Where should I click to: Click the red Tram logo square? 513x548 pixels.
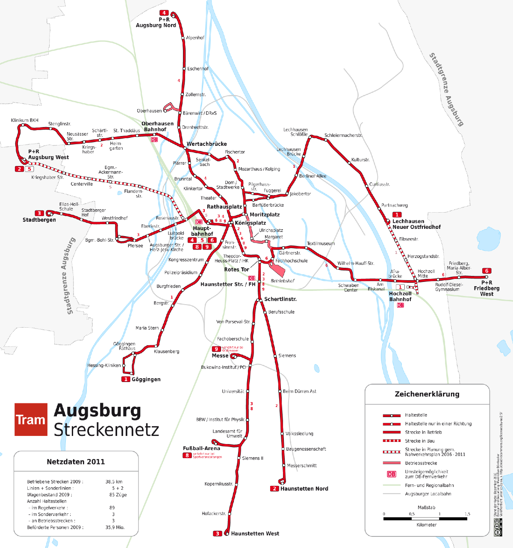[31, 419]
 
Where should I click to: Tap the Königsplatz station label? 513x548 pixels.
[250, 223]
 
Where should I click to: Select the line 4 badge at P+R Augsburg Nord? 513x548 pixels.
[164, 13]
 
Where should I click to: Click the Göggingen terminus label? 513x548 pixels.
[146, 379]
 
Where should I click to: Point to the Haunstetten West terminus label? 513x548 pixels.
[255, 533]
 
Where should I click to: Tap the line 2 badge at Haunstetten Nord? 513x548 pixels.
[275, 489]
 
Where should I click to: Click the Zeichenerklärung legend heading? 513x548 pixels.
[427, 394]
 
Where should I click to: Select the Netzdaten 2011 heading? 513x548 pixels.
[76, 462]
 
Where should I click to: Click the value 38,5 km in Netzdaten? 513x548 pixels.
[114, 482]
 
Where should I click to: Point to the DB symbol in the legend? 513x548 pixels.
[391, 474]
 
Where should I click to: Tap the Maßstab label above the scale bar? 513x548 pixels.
[426, 507]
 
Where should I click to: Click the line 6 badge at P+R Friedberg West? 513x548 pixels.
[486, 271]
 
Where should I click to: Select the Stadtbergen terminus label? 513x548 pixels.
[39, 220]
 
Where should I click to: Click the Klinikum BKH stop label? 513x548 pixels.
[25, 120]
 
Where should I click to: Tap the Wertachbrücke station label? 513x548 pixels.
[207, 144]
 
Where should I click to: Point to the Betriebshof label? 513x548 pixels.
[283, 281]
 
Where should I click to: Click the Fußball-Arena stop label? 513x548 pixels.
[201, 448]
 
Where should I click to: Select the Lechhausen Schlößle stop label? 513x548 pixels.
[295, 132]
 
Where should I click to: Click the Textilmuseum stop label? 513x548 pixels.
[321, 243]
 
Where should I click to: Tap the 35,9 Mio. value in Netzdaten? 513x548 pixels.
[115, 527]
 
